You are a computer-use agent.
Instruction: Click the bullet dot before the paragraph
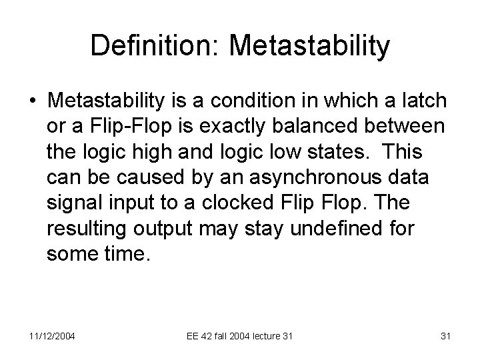coord(32,101)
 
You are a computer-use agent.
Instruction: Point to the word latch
coord(423,101)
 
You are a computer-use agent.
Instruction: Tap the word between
coord(408,126)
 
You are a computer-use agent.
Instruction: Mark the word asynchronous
coord(310,177)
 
